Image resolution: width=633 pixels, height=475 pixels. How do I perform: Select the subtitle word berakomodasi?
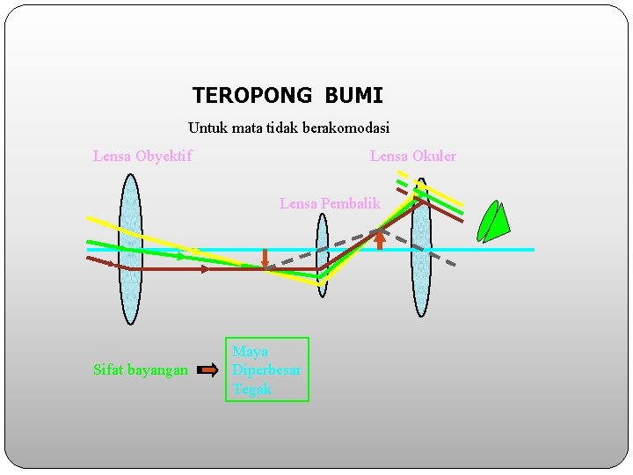point(346,128)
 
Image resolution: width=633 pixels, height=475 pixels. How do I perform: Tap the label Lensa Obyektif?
point(142,157)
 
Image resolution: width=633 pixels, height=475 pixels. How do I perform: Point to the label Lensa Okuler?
point(413,157)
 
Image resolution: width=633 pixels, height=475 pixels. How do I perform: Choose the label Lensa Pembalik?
point(330,203)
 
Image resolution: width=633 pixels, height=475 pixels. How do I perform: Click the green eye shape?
point(492,222)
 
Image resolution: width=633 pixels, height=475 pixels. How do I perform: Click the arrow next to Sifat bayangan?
point(207,370)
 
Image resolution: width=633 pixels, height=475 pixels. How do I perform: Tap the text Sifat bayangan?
point(141,370)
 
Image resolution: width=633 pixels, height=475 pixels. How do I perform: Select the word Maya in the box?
point(250,352)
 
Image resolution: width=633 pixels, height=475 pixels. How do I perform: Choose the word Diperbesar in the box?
point(266,370)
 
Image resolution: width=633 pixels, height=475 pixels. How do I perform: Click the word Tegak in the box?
point(252,389)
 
